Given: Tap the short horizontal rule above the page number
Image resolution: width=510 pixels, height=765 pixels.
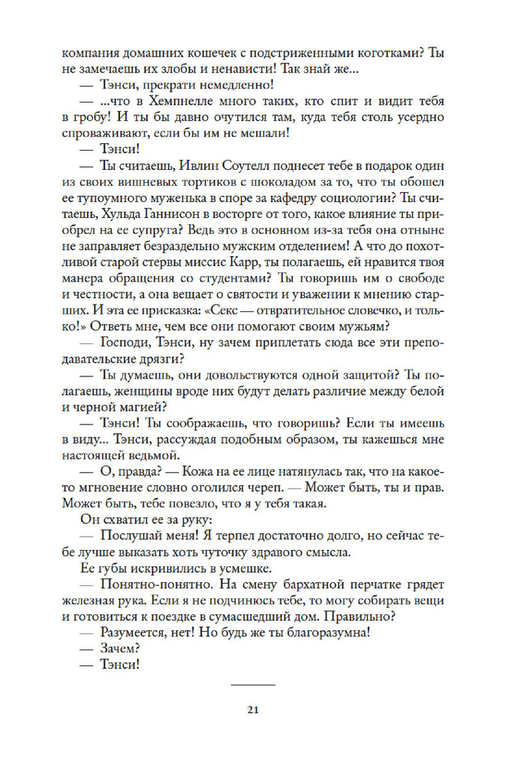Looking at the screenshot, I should (255, 685).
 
